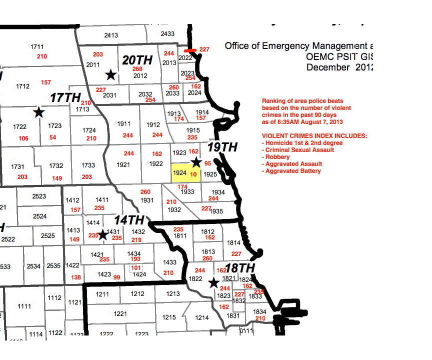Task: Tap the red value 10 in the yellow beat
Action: click(193, 173)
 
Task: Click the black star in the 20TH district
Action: click(111, 74)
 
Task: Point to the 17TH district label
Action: click(65, 97)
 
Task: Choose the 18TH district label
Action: click(240, 268)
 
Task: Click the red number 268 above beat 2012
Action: click(137, 69)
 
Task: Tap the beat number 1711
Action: click(37, 46)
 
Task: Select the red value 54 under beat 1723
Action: click(53, 137)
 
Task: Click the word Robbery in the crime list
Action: click(278, 156)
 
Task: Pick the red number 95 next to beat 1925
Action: click(207, 163)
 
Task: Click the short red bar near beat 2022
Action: click(189, 50)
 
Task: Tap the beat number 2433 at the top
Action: click(167, 34)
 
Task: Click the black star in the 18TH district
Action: click(213, 283)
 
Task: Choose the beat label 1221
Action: click(120, 314)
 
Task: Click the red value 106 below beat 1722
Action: click(23, 138)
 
